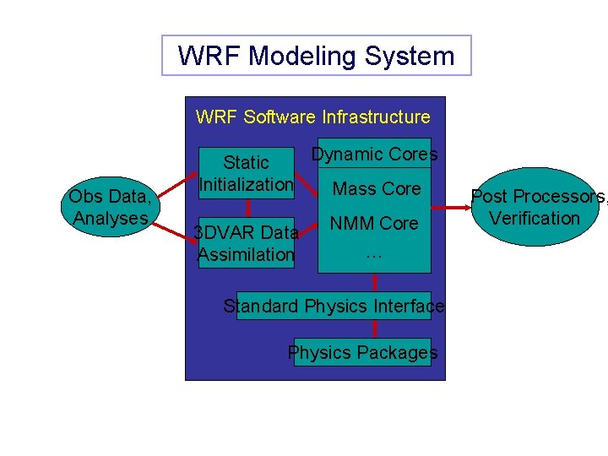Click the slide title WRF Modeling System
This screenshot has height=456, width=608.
click(316, 56)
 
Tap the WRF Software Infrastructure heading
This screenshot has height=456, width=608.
click(312, 117)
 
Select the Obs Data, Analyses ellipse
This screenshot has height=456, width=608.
click(111, 207)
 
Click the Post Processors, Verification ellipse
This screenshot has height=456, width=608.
click(535, 207)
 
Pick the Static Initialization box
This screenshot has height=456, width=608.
click(246, 173)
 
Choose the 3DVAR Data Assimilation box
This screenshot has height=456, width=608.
click(246, 243)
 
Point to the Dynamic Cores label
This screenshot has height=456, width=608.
click(374, 154)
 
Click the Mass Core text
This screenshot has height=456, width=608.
click(376, 189)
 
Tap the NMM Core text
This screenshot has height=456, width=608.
click(374, 224)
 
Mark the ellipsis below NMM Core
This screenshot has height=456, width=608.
click(374, 251)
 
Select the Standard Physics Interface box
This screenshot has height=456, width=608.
click(334, 306)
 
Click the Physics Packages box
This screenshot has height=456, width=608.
click(362, 352)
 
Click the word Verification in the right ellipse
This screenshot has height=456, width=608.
click(535, 219)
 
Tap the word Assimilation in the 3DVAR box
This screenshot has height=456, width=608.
click(246, 254)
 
